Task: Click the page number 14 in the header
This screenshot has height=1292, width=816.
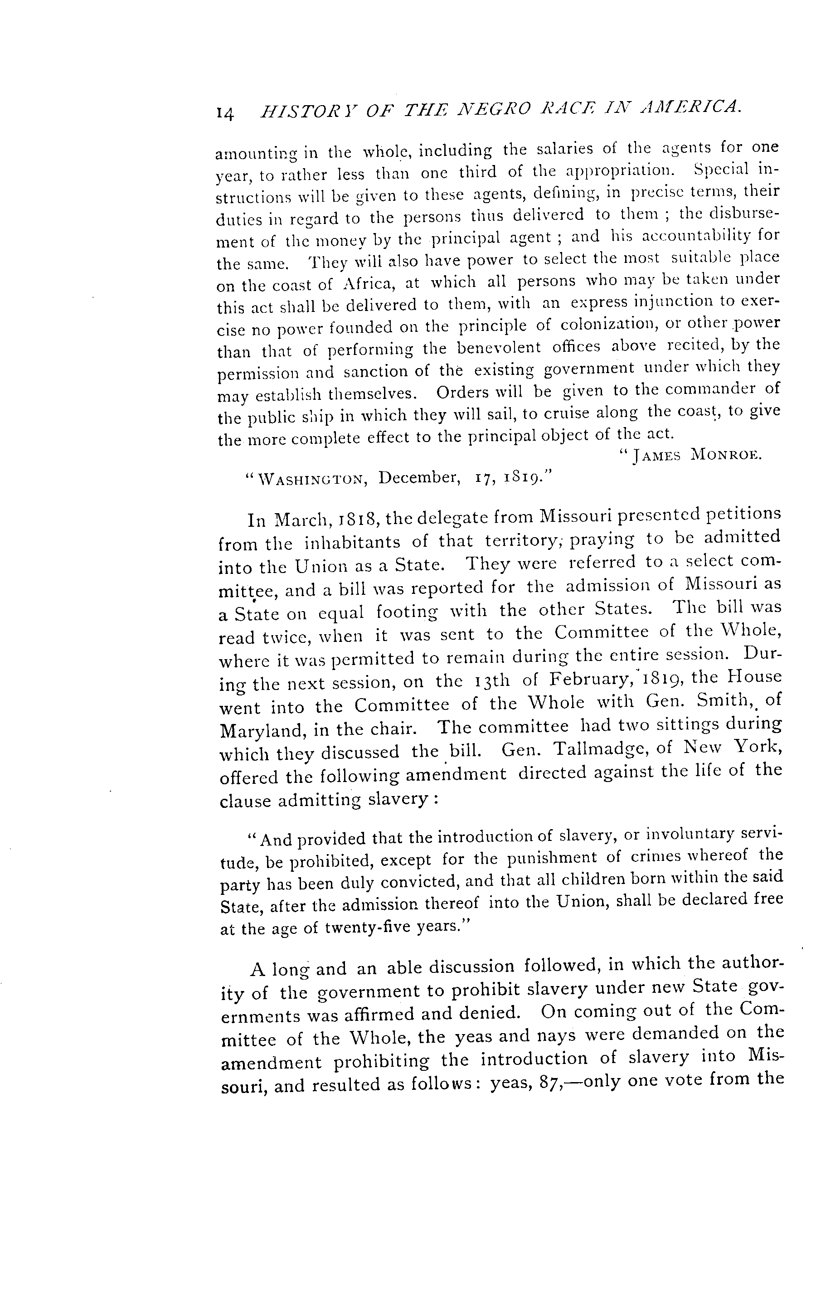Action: pos(225,113)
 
